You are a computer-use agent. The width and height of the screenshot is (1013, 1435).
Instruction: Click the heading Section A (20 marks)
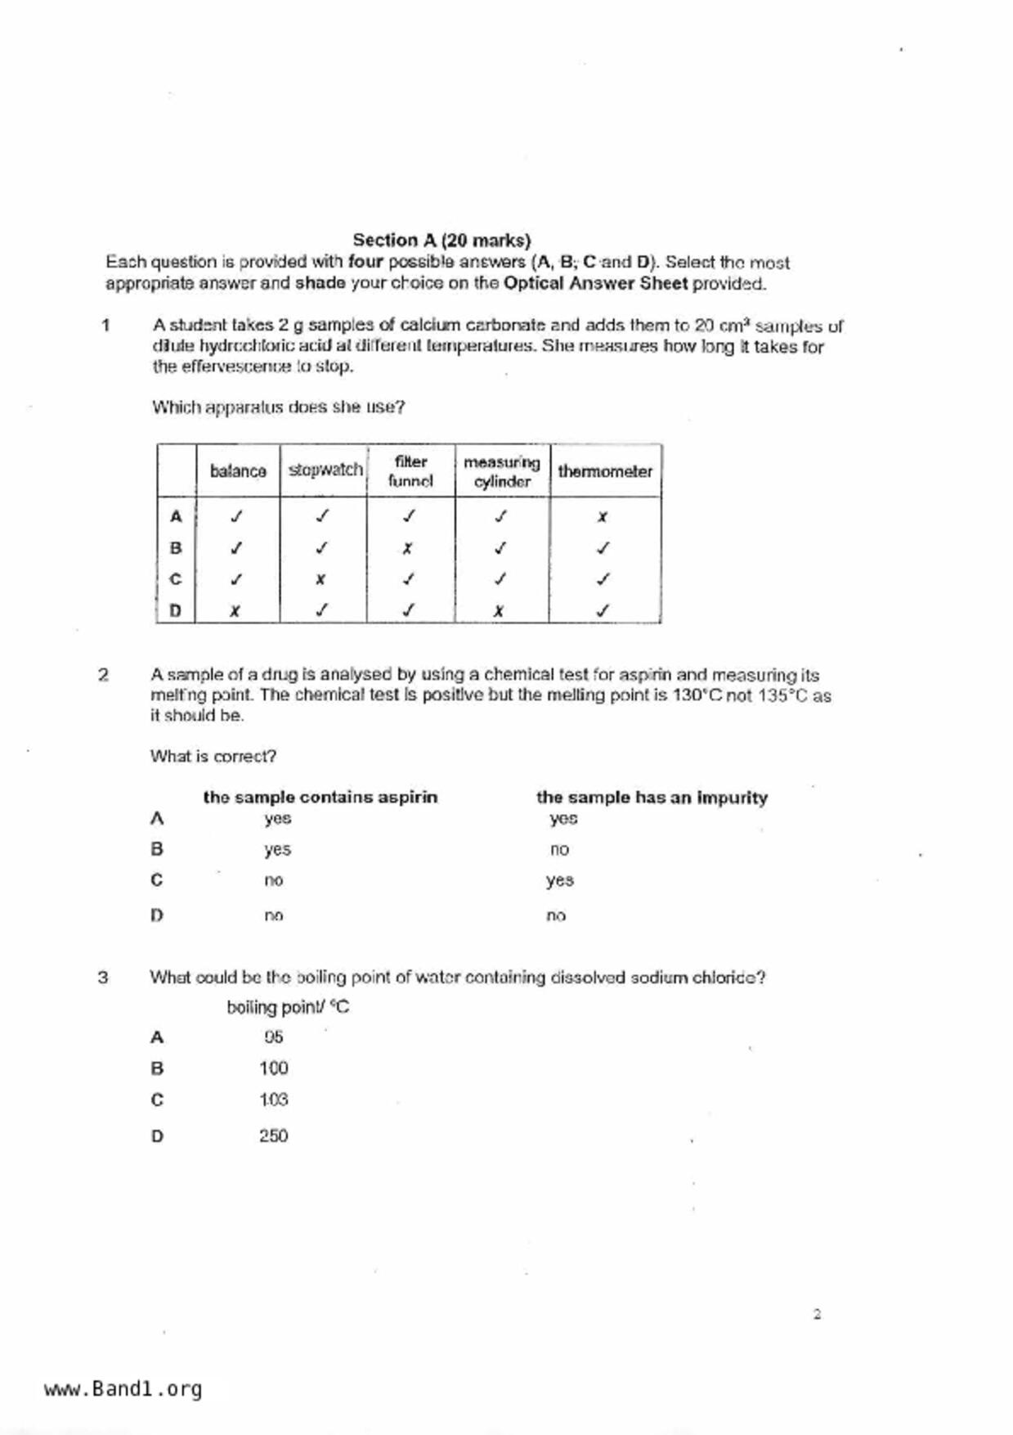[x=442, y=241]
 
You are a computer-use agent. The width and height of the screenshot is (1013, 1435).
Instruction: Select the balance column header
[x=238, y=471]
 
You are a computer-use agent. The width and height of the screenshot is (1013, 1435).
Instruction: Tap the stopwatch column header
[x=325, y=470]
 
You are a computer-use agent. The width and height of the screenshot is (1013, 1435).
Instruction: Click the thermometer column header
[x=605, y=471]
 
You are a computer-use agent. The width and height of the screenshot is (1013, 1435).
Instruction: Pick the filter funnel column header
[x=410, y=471]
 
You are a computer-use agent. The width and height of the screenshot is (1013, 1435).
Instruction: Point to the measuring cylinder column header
[x=502, y=472]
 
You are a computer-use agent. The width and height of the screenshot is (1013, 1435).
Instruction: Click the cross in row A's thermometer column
[x=603, y=517]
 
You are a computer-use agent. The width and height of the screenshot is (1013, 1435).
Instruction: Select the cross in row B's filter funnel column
[x=407, y=548]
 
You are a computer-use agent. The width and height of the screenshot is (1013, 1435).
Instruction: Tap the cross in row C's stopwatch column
[x=320, y=579]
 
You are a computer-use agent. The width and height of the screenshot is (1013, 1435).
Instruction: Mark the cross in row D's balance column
[x=235, y=610]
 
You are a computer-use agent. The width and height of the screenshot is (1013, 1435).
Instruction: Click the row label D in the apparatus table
[x=175, y=610]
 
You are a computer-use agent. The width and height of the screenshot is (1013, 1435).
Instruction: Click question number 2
[x=103, y=675]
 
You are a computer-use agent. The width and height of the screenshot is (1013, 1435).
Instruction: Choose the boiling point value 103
[x=274, y=1100]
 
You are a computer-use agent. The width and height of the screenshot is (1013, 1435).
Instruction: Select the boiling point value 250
[x=274, y=1136]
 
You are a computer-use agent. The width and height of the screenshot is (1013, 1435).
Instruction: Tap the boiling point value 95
[x=274, y=1037]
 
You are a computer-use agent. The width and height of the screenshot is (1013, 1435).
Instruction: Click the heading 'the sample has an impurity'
[x=652, y=798]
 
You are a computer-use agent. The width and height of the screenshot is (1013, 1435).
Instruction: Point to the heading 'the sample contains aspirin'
[x=320, y=797]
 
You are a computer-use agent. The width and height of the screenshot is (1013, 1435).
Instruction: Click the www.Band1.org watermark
[x=123, y=1389]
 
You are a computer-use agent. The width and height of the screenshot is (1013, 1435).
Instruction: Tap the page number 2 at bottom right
[x=817, y=1315]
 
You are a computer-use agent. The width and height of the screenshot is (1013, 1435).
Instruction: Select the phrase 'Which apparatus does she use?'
[x=278, y=407]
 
